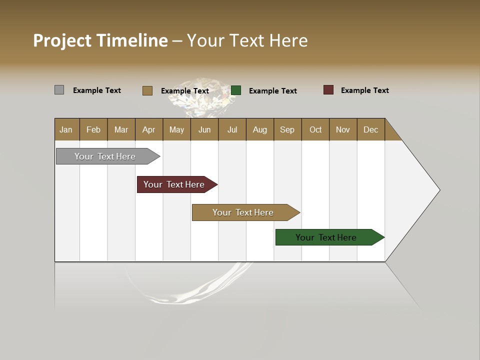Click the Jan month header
pos(66,129)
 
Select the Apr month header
pos(148,129)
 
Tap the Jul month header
pos(232,129)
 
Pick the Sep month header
pos(287,129)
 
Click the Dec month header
pos(370,129)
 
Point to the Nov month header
pos(342,129)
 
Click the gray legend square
pos(59,90)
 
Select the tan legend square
pos(147,90)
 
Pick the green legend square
pos(236,90)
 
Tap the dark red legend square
pos(328,90)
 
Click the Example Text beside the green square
pos(272,91)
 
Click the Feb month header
pos(93,129)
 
